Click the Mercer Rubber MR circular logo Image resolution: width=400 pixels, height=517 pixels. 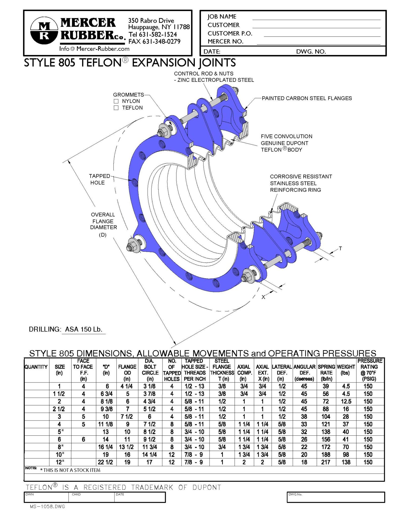pos(44,31)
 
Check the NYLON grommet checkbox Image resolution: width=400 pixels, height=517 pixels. pos(116,101)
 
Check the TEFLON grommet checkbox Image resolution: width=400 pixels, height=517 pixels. pos(116,108)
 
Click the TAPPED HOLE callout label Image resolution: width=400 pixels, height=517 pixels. pos(99,179)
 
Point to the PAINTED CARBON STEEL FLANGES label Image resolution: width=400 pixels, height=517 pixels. pos(307,98)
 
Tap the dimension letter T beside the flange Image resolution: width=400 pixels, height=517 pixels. pos(340,249)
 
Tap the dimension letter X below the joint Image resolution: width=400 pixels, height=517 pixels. pos(263,297)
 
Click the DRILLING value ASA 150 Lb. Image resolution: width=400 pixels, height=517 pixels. pos(84,329)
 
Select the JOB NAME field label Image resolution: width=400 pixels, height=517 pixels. pos(222,17)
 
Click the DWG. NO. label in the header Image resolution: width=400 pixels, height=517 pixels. pos(311,51)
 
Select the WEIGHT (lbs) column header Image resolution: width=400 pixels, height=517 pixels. pos(346,370)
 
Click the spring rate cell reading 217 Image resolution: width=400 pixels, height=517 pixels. pos(326,462)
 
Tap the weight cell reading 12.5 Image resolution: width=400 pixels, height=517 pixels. pos(346,401)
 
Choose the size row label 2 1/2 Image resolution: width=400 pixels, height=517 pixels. pos(59,409)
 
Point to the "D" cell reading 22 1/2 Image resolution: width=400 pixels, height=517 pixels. pos(105,462)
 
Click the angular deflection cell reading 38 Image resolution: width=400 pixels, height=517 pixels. pos(304,417)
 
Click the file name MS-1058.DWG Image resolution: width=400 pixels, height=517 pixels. pos(47,507)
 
